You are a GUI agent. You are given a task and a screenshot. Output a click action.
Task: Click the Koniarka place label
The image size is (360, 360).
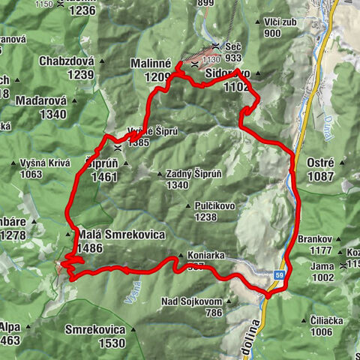(x=202, y=255)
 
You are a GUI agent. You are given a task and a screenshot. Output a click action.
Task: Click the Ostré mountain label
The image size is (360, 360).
(x=325, y=162)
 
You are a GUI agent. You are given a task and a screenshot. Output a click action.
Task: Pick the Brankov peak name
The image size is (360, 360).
(x=313, y=238)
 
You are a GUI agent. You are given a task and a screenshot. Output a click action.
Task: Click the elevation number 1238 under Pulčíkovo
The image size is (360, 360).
(x=211, y=217)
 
